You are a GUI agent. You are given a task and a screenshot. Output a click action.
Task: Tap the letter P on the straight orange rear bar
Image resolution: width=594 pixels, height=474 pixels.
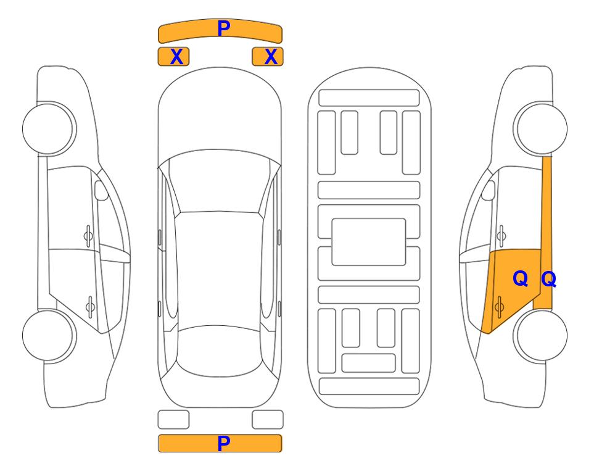[x=223, y=443]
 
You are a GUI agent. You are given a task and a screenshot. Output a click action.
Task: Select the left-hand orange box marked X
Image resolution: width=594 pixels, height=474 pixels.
[x=173, y=57]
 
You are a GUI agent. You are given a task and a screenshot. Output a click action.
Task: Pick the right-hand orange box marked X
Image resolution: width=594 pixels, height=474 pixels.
[x=268, y=57]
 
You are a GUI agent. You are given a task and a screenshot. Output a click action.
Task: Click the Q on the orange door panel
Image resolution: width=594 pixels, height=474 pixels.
[x=520, y=279]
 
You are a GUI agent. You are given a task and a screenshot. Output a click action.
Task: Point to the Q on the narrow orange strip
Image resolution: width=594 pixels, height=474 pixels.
[x=548, y=279]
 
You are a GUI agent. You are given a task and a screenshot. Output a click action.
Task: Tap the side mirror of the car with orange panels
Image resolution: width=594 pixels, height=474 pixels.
[x=489, y=190]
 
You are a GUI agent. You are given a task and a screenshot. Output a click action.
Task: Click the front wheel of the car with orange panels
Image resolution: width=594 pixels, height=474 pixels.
[x=540, y=128]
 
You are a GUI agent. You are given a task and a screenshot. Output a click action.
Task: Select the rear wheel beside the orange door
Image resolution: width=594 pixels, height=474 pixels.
[x=540, y=335]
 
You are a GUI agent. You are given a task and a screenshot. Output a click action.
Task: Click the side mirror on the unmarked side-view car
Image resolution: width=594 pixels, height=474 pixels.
[x=101, y=190]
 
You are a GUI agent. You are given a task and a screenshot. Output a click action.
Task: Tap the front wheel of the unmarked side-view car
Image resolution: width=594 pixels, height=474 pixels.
[x=49, y=128]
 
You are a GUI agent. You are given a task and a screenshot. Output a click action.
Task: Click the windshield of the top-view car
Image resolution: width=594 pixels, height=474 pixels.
[x=220, y=182]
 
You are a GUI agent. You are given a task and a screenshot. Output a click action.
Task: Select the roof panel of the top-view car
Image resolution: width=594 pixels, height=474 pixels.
[x=220, y=269]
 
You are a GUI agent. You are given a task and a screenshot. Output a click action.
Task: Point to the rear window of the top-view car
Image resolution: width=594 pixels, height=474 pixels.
[x=220, y=351]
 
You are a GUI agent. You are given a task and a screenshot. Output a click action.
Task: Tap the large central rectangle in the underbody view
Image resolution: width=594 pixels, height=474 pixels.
[x=369, y=242]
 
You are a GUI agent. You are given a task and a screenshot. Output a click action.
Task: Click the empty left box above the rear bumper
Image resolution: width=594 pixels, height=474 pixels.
[x=173, y=420]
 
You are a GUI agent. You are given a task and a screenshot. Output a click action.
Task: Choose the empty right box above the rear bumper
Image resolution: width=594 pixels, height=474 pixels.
[x=268, y=420]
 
